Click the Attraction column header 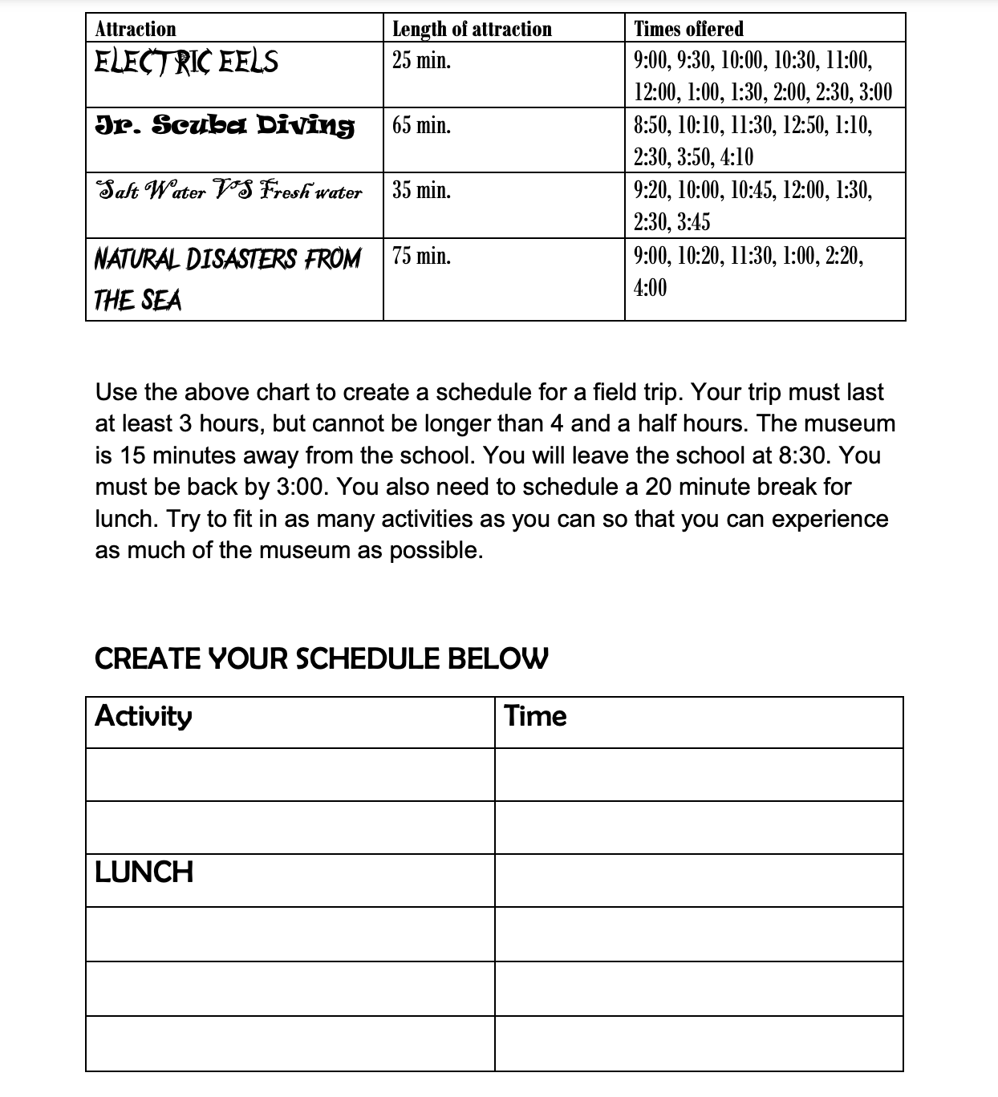click(135, 29)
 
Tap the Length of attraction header click(472, 29)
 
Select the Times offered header click(688, 29)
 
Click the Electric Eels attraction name click(186, 61)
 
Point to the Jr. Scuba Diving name click(225, 125)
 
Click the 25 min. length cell click(421, 60)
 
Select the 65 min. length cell click(421, 125)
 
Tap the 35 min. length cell click(421, 191)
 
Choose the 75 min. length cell click(421, 257)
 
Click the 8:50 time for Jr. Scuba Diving click(650, 125)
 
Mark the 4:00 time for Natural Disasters click(650, 288)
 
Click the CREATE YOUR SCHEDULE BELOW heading click(322, 658)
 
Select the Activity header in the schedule click(144, 715)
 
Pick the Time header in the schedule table click(535, 716)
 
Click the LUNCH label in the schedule click(144, 872)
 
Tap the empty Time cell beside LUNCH click(699, 880)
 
